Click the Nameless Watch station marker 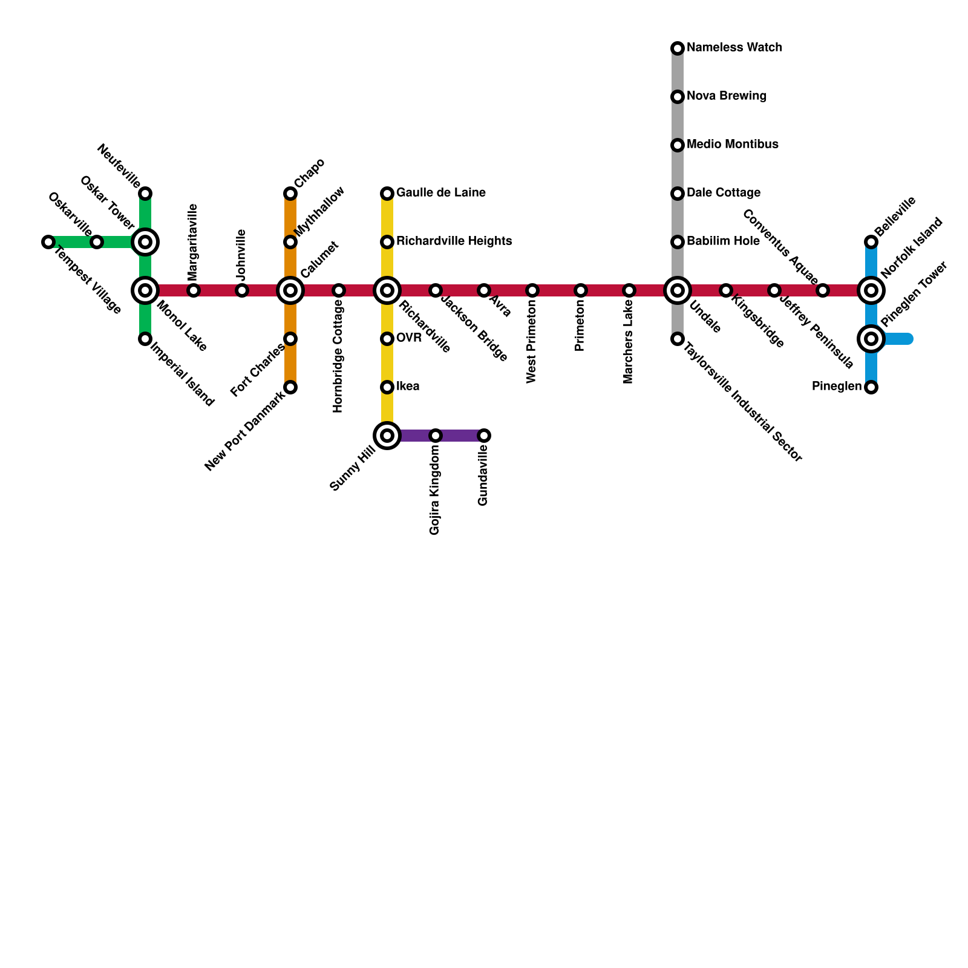coord(678,48)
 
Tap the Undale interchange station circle coord(678,290)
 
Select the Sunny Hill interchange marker coord(387,436)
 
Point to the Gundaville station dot coord(484,436)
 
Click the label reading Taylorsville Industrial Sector coord(744,403)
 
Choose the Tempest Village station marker coord(48,242)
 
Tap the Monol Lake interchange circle coord(145,290)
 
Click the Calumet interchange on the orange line coord(290,290)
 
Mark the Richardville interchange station coord(387,290)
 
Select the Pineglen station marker coord(871,387)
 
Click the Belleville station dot coord(871,242)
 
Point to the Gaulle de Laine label coord(441,193)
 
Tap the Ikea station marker coord(387,387)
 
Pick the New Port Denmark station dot coord(290,387)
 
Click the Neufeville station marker coord(145,194)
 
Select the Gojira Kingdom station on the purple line coord(436,436)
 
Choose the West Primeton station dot coord(532,290)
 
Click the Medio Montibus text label coord(733,145)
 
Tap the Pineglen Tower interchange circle coord(871,339)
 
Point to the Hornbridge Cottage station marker coord(339,290)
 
